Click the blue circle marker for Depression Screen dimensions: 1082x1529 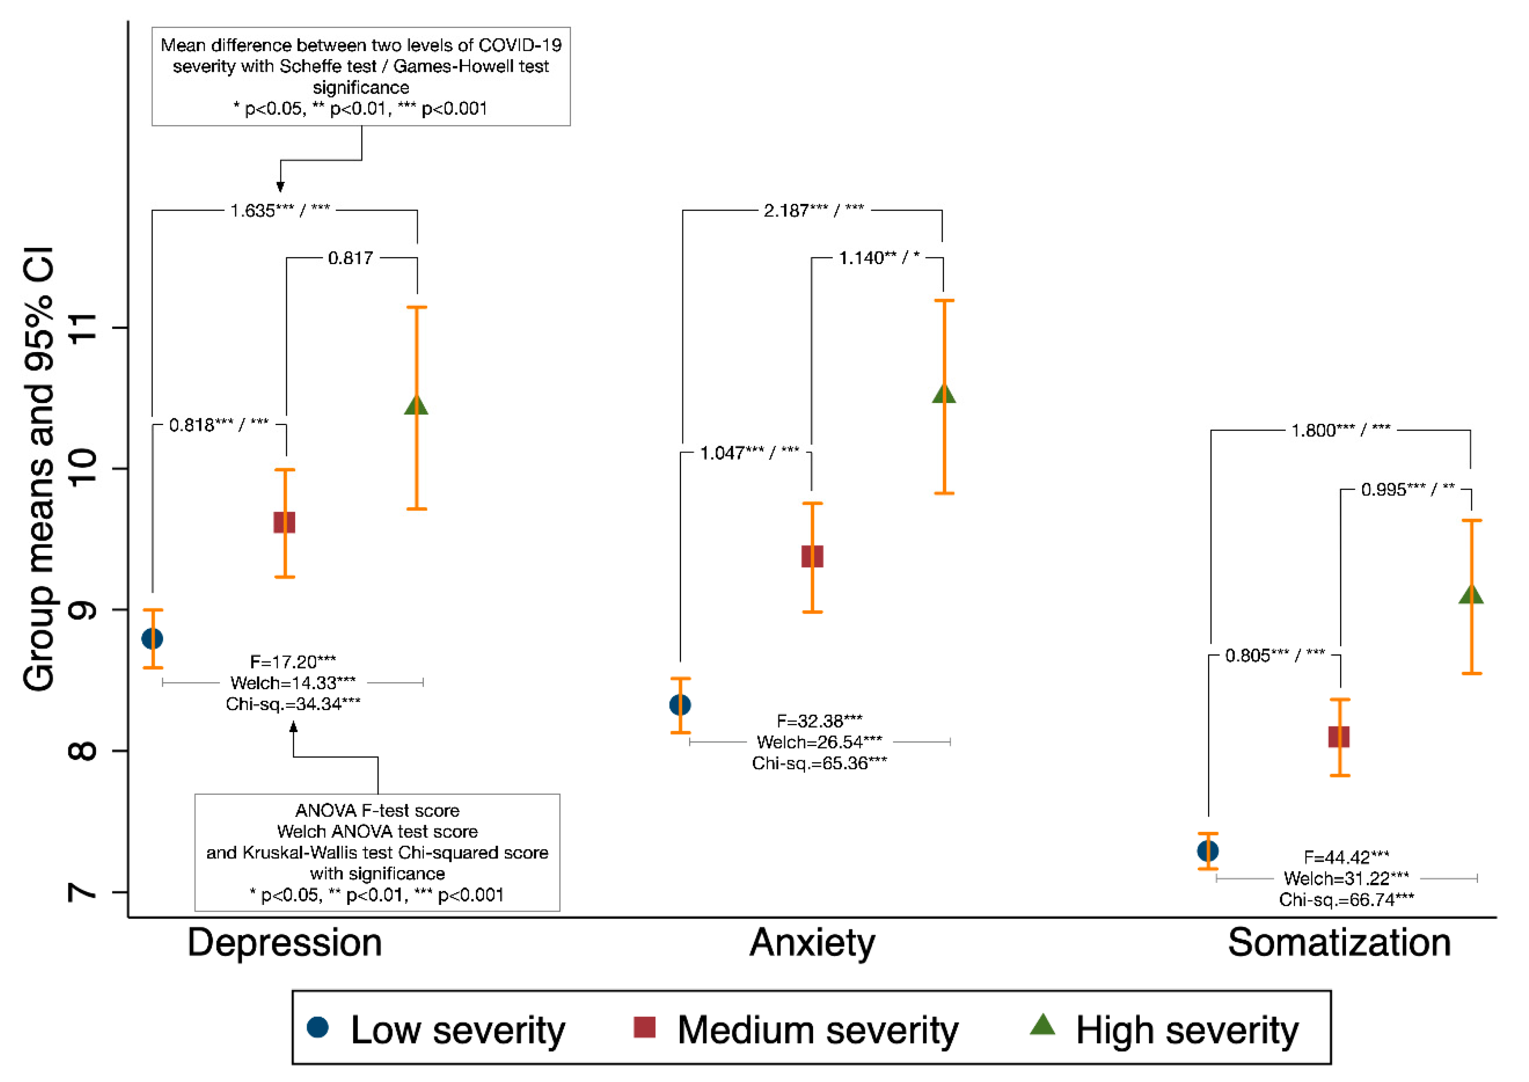click(152, 639)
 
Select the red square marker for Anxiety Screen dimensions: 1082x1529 click(812, 556)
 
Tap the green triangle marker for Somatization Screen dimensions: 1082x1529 click(1471, 595)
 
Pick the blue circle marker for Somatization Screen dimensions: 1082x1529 click(1208, 851)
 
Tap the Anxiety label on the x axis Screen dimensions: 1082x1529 click(812, 943)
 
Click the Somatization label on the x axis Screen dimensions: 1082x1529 click(1339, 943)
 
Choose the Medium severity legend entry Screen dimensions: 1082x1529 click(796, 1030)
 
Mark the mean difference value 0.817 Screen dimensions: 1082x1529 click(350, 258)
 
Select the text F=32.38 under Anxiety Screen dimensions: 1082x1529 click(819, 721)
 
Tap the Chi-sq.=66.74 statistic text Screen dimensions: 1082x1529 click(1346, 899)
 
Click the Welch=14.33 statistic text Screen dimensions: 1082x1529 click(293, 682)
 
